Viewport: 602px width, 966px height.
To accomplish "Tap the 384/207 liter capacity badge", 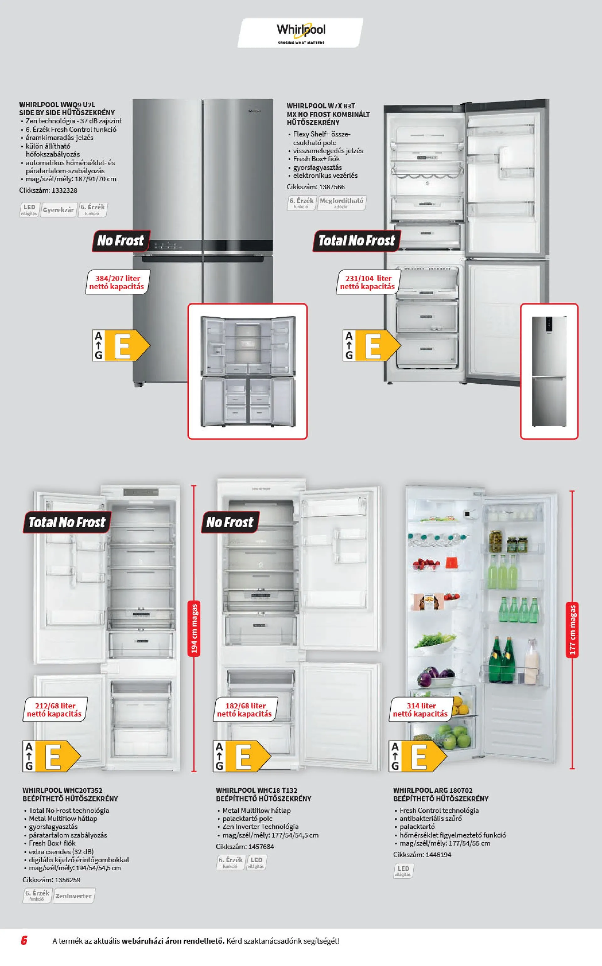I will [x=118, y=282].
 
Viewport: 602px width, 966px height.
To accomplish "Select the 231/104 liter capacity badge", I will [x=367, y=282].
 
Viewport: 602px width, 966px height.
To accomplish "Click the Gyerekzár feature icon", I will [x=58, y=210].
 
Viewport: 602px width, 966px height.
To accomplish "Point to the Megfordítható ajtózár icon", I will [x=341, y=202].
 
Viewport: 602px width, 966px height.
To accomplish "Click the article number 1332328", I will [x=48, y=190].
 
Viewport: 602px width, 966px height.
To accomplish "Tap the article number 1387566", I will [x=316, y=187].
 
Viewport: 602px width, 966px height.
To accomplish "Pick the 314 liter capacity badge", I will [x=421, y=709].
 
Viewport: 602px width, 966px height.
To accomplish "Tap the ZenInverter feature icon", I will [x=74, y=896].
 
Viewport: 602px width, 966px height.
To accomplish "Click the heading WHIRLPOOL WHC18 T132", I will [x=256, y=790].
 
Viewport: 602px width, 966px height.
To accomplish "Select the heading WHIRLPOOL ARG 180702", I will [x=433, y=790].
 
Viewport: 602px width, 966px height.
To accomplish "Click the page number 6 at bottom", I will [x=24, y=941].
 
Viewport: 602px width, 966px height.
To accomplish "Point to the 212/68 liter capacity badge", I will [x=55, y=709].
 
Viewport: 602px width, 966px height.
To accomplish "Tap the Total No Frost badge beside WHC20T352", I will [x=67, y=522].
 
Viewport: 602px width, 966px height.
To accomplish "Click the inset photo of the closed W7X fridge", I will [x=549, y=371].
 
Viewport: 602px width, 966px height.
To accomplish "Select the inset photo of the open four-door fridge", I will [x=247, y=371].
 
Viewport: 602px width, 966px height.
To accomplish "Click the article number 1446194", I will [x=422, y=854].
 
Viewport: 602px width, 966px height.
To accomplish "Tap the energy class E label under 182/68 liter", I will [x=242, y=756].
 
